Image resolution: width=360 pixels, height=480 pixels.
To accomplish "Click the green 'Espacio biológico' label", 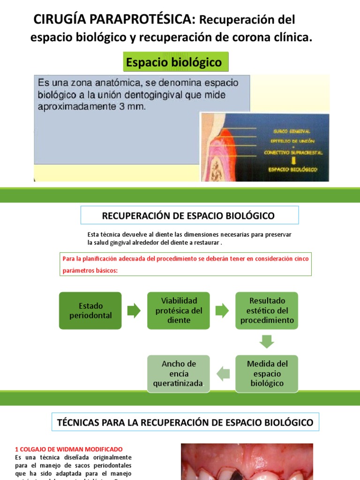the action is point(175,62).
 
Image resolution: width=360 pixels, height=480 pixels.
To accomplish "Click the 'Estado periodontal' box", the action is point(90,310).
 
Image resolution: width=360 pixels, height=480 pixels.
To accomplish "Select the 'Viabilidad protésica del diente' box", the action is point(179,310).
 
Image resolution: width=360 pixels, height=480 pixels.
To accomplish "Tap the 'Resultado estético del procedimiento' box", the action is point(267,310).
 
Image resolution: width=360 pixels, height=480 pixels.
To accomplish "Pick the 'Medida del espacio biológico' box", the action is point(267,373).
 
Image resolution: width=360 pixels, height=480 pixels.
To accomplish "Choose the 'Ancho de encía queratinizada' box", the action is point(179,373).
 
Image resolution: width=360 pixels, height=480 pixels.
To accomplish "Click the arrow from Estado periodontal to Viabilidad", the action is point(134,310).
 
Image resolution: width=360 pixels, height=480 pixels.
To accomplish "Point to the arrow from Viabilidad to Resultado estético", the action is point(222,310).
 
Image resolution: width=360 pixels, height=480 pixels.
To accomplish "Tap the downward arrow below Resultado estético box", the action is point(267,341).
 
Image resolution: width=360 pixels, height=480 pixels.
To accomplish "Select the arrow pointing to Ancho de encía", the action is point(223,373).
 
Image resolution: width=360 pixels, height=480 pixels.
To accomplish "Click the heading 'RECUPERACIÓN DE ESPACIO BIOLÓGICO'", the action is point(188,216).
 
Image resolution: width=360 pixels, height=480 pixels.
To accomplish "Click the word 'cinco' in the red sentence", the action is point(300,259).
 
